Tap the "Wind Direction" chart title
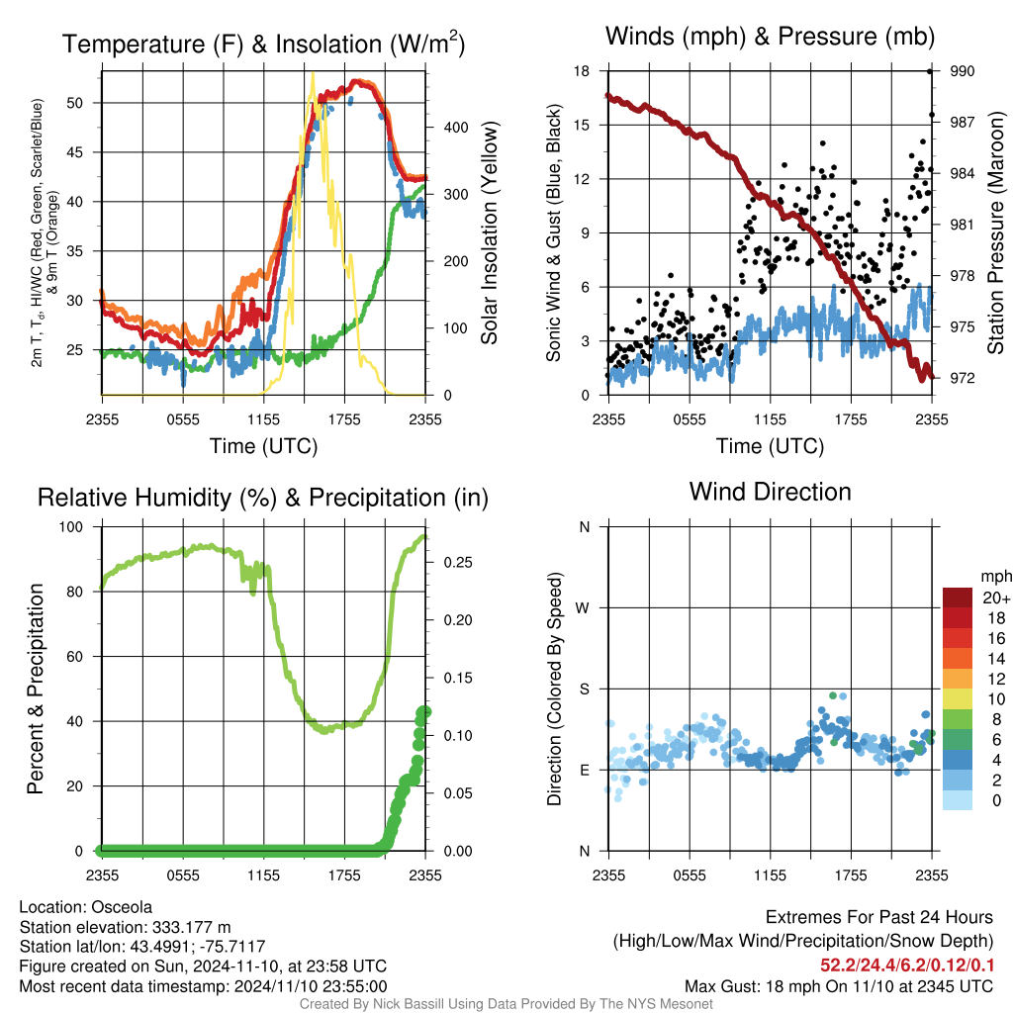(770, 492)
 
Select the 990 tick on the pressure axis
(963, 71)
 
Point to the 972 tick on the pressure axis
(963, 378)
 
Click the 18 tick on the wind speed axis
(582, 71)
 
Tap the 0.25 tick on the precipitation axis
(455, 563)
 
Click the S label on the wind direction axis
(584, 689)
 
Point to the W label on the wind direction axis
(584, 607)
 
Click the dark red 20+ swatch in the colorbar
(958, 598)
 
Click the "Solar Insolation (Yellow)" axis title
(490, 232)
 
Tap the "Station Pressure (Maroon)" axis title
(995, 232)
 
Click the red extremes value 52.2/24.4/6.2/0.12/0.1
(906, 966)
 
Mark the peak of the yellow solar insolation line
(313, 74)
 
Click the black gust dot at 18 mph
(930, 71)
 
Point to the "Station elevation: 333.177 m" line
(125, 927)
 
